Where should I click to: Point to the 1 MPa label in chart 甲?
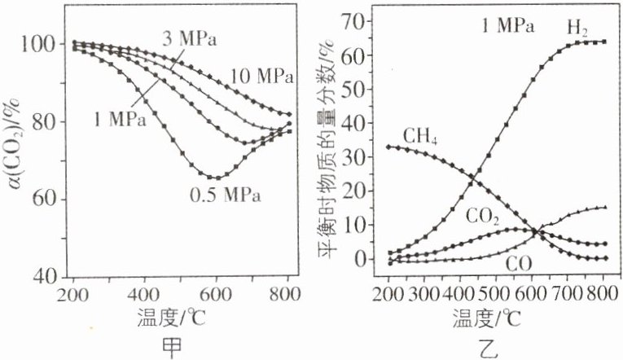(x=119, y=120)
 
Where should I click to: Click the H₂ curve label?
(x=577, y=27)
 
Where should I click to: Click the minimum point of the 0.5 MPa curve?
(x=217, y=178)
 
